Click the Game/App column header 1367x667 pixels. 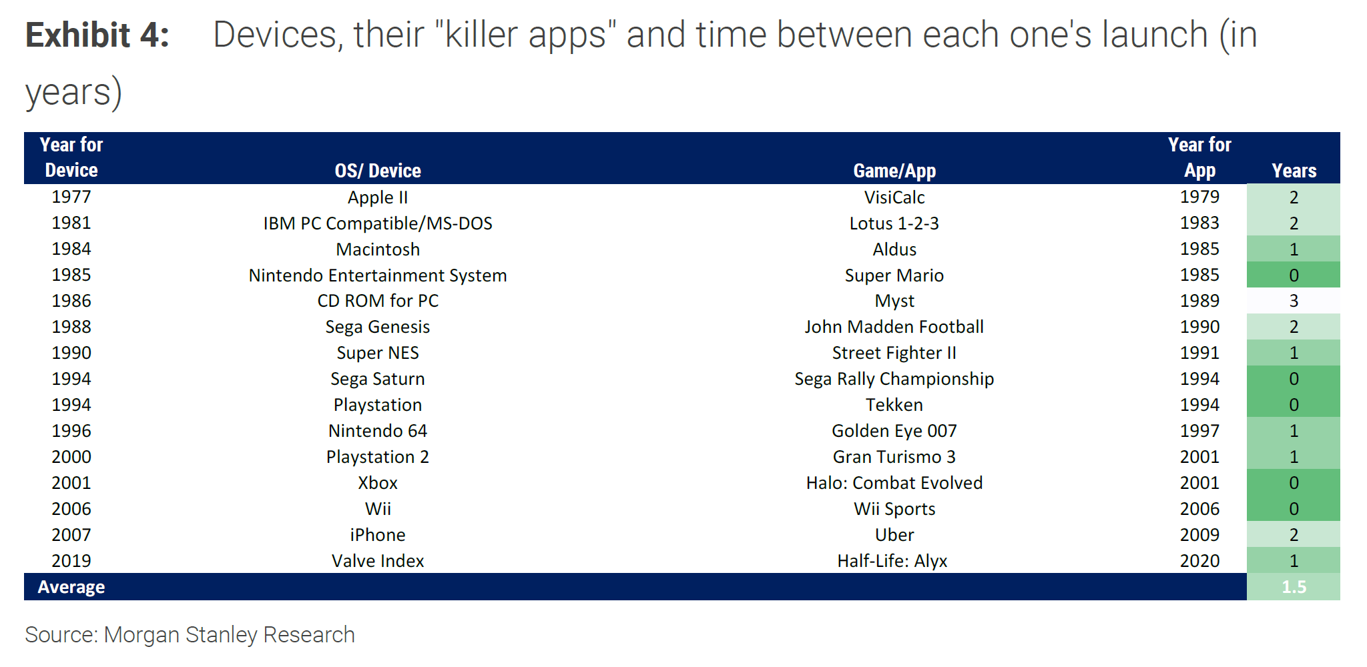[x=894, y=171]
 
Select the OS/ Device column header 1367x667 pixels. [x=378, y=171]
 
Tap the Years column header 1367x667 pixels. [x=1294, y=171]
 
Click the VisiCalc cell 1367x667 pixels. [x=894, y=197]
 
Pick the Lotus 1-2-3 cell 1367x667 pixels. [x=894, y=223]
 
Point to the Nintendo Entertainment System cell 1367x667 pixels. [x=378, y=275]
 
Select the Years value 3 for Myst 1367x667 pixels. [x=1294, y=301]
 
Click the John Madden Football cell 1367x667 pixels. [x=894, y=327]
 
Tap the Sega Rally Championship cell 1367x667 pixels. [x=894, y=379]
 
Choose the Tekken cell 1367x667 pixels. [x=894, y=405]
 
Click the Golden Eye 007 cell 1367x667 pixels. [x=894, y=431]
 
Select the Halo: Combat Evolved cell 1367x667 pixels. [x=894, y=483]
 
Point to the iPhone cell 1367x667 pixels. [x=378, y=535]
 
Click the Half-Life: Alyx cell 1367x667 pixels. [x=892, y=561]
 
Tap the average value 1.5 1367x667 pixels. [x=1294, y=587]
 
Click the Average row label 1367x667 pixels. [x=71, y=587]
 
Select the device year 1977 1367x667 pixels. [x=71, y=197]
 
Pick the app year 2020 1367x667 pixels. [x=1199, y=561]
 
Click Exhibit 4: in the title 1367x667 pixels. [x=97, y=35]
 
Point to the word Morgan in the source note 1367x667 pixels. [x=142, y=635]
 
